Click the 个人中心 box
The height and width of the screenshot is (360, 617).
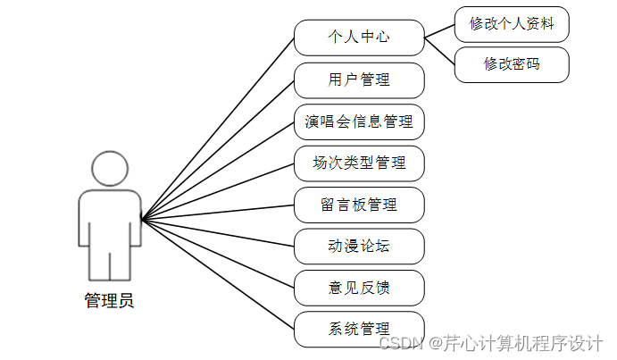[359, 38]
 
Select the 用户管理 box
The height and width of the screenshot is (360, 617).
[359, 80]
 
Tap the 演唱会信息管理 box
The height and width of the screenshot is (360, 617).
[359, 121]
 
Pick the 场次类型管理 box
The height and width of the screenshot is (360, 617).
[359, 163]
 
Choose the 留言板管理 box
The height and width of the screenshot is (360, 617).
[359, 205]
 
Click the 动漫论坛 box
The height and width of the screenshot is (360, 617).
[359, 246]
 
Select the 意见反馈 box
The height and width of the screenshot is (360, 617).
[359, 288]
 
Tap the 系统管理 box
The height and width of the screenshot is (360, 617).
[359, 329]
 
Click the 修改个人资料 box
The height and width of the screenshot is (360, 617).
[512, 24]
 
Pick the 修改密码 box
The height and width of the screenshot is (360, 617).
[512, 64]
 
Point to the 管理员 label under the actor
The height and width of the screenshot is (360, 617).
[109, 301]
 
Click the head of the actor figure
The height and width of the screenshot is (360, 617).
[109, 169]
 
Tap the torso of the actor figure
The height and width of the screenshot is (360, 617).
[109, 219]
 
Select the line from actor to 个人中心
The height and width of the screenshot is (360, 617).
[219, 128]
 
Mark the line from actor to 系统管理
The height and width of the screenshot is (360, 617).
[219, 273]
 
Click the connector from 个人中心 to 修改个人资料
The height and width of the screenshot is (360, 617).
[439, 30]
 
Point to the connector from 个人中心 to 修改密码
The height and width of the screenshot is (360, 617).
[439, 51]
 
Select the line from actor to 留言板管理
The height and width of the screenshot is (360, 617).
[219, 212]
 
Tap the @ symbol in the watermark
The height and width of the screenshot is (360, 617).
[436, 344]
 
